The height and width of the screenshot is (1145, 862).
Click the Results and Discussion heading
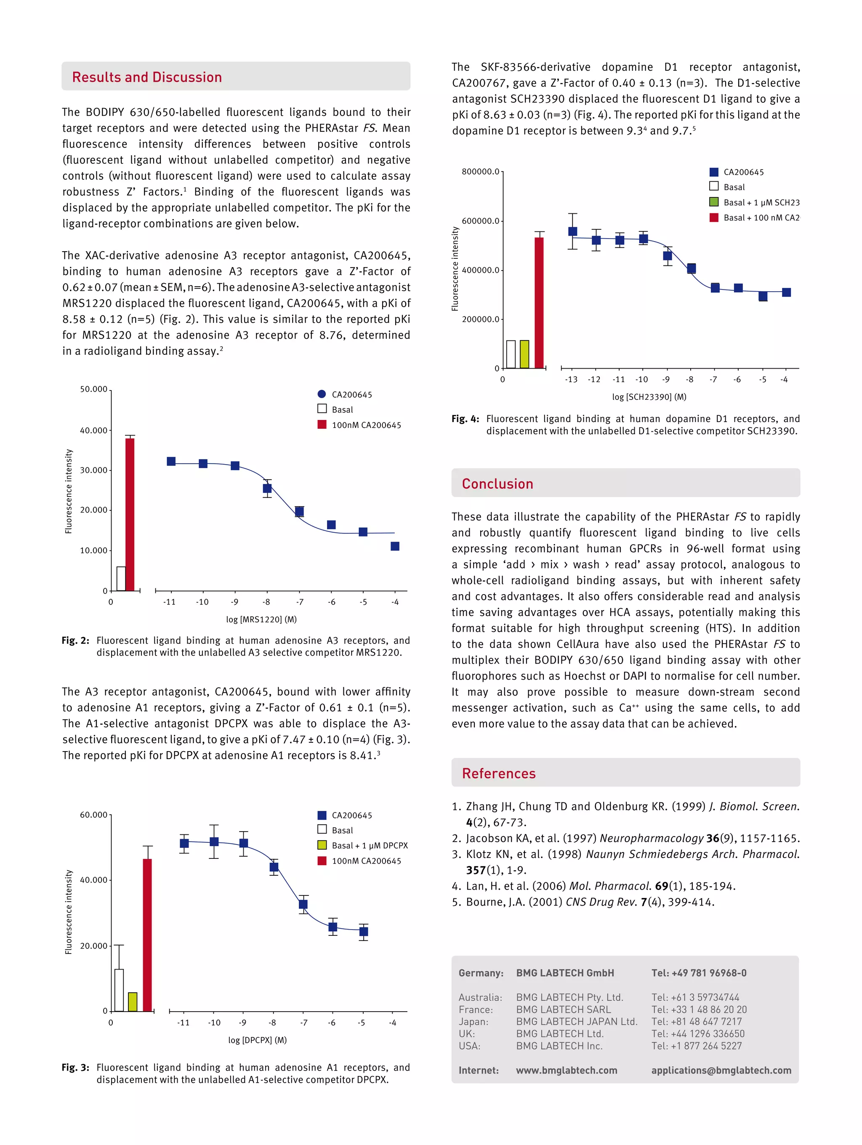[146, 77]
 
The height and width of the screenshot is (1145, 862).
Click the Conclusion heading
[497, 484]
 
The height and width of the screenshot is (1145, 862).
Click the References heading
[499, 773]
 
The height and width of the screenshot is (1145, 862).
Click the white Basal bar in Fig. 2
[121, 579]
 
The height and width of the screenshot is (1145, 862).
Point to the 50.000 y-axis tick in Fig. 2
[94, 389]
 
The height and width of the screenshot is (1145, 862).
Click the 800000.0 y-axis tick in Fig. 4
[480, 171]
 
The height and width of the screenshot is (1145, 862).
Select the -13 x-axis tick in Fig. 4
[571, 380]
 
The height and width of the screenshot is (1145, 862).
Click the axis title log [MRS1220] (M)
[261, 619]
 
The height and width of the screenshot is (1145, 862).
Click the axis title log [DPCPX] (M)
[257, 1040]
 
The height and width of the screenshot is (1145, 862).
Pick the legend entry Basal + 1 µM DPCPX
[369, 845]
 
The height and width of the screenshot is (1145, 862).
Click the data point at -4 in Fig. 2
[395, 546]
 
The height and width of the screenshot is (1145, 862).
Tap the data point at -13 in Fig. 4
[572, 231]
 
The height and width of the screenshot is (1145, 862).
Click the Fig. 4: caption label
[466, 419]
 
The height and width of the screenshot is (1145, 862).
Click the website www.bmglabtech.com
[567, 1071]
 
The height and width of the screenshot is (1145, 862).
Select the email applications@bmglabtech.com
[721, 1071]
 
